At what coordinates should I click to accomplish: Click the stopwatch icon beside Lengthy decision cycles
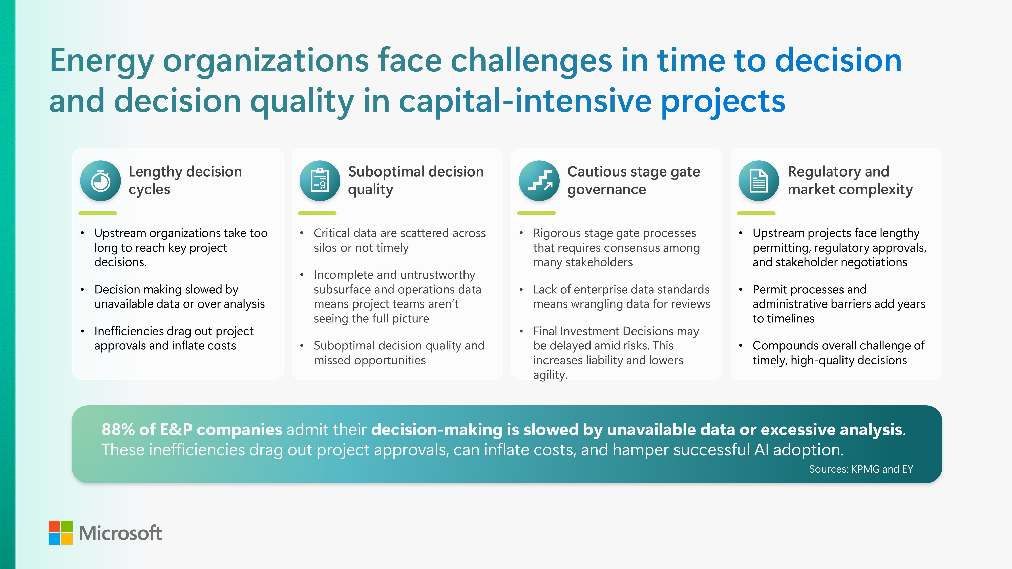click(101, 181)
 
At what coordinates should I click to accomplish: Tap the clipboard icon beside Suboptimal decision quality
click(320, 181)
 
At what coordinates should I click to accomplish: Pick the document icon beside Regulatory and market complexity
click(758, 181)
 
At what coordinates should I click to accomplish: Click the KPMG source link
click(865, 469)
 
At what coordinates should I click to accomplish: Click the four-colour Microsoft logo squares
click(60, 533)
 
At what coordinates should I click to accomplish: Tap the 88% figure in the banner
click(118, 430)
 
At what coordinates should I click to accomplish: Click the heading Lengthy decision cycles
click(185, 180)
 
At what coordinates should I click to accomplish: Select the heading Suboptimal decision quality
click(416, 180)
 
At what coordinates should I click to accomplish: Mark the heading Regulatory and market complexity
click(850, 180)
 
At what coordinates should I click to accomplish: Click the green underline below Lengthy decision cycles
click(98, 213)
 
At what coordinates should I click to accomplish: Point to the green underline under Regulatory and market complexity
click(756, 213)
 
